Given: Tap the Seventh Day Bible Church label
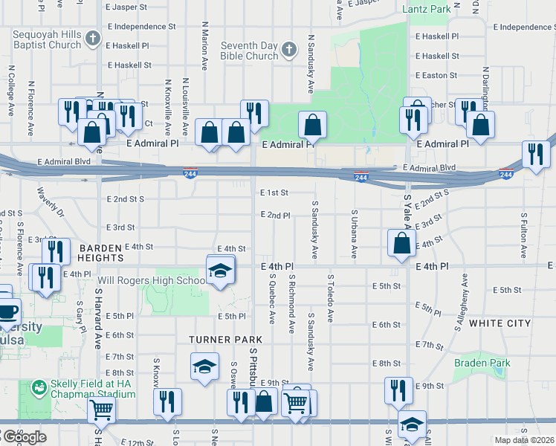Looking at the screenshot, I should click(249, 51).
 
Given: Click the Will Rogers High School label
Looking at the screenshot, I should click(152, 281).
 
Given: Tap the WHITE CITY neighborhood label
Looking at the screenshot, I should click(500, 324).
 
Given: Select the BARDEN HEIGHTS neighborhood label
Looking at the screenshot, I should click(100, 252).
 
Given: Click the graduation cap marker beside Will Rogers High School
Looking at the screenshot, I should click(219, 271).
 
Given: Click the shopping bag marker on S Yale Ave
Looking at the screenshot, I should click(401, 244).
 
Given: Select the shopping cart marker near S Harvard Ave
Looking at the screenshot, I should click(101, 409).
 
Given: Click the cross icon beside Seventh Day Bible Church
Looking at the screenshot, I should click(289, 51).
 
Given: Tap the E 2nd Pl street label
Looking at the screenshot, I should click(275, 215).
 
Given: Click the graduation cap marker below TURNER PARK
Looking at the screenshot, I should click(204, 366).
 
